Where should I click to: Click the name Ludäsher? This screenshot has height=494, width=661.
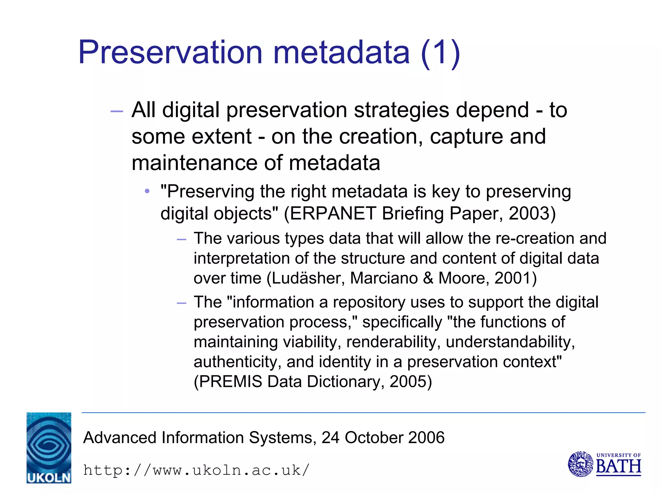(x=308, y=278)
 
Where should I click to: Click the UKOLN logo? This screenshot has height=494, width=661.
(x=49, y=448)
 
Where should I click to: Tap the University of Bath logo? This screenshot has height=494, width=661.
(x=604, y=464)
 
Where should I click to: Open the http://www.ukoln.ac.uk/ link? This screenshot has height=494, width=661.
(x=196, y=470)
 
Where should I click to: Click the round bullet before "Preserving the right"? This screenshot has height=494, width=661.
(x=147, y=192)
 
